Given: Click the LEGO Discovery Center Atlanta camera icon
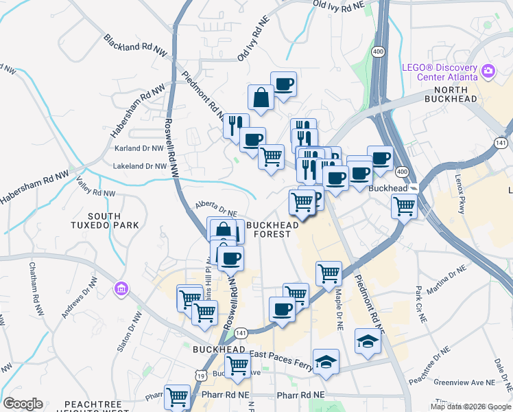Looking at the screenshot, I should pos(488,71).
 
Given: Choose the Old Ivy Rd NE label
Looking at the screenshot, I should pos(252,43).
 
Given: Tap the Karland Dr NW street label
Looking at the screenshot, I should pos(140,148).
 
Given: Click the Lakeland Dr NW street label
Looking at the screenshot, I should pos(141,166).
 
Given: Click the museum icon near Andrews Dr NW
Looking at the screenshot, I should pos(122,287).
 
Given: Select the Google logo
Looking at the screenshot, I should pos(23,404).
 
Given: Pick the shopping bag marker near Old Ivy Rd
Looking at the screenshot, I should pos(261,98).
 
